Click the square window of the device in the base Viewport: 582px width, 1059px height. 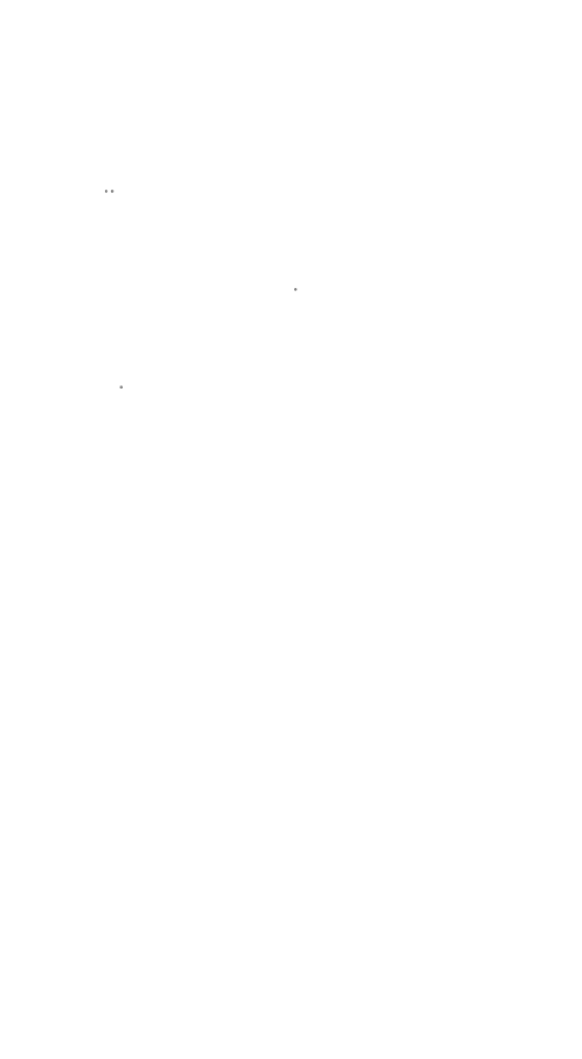(x=290, y=785)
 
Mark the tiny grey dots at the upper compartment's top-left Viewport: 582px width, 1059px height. (x=109, y=192)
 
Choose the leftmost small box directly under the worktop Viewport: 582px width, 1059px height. (x=155, y=643)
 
